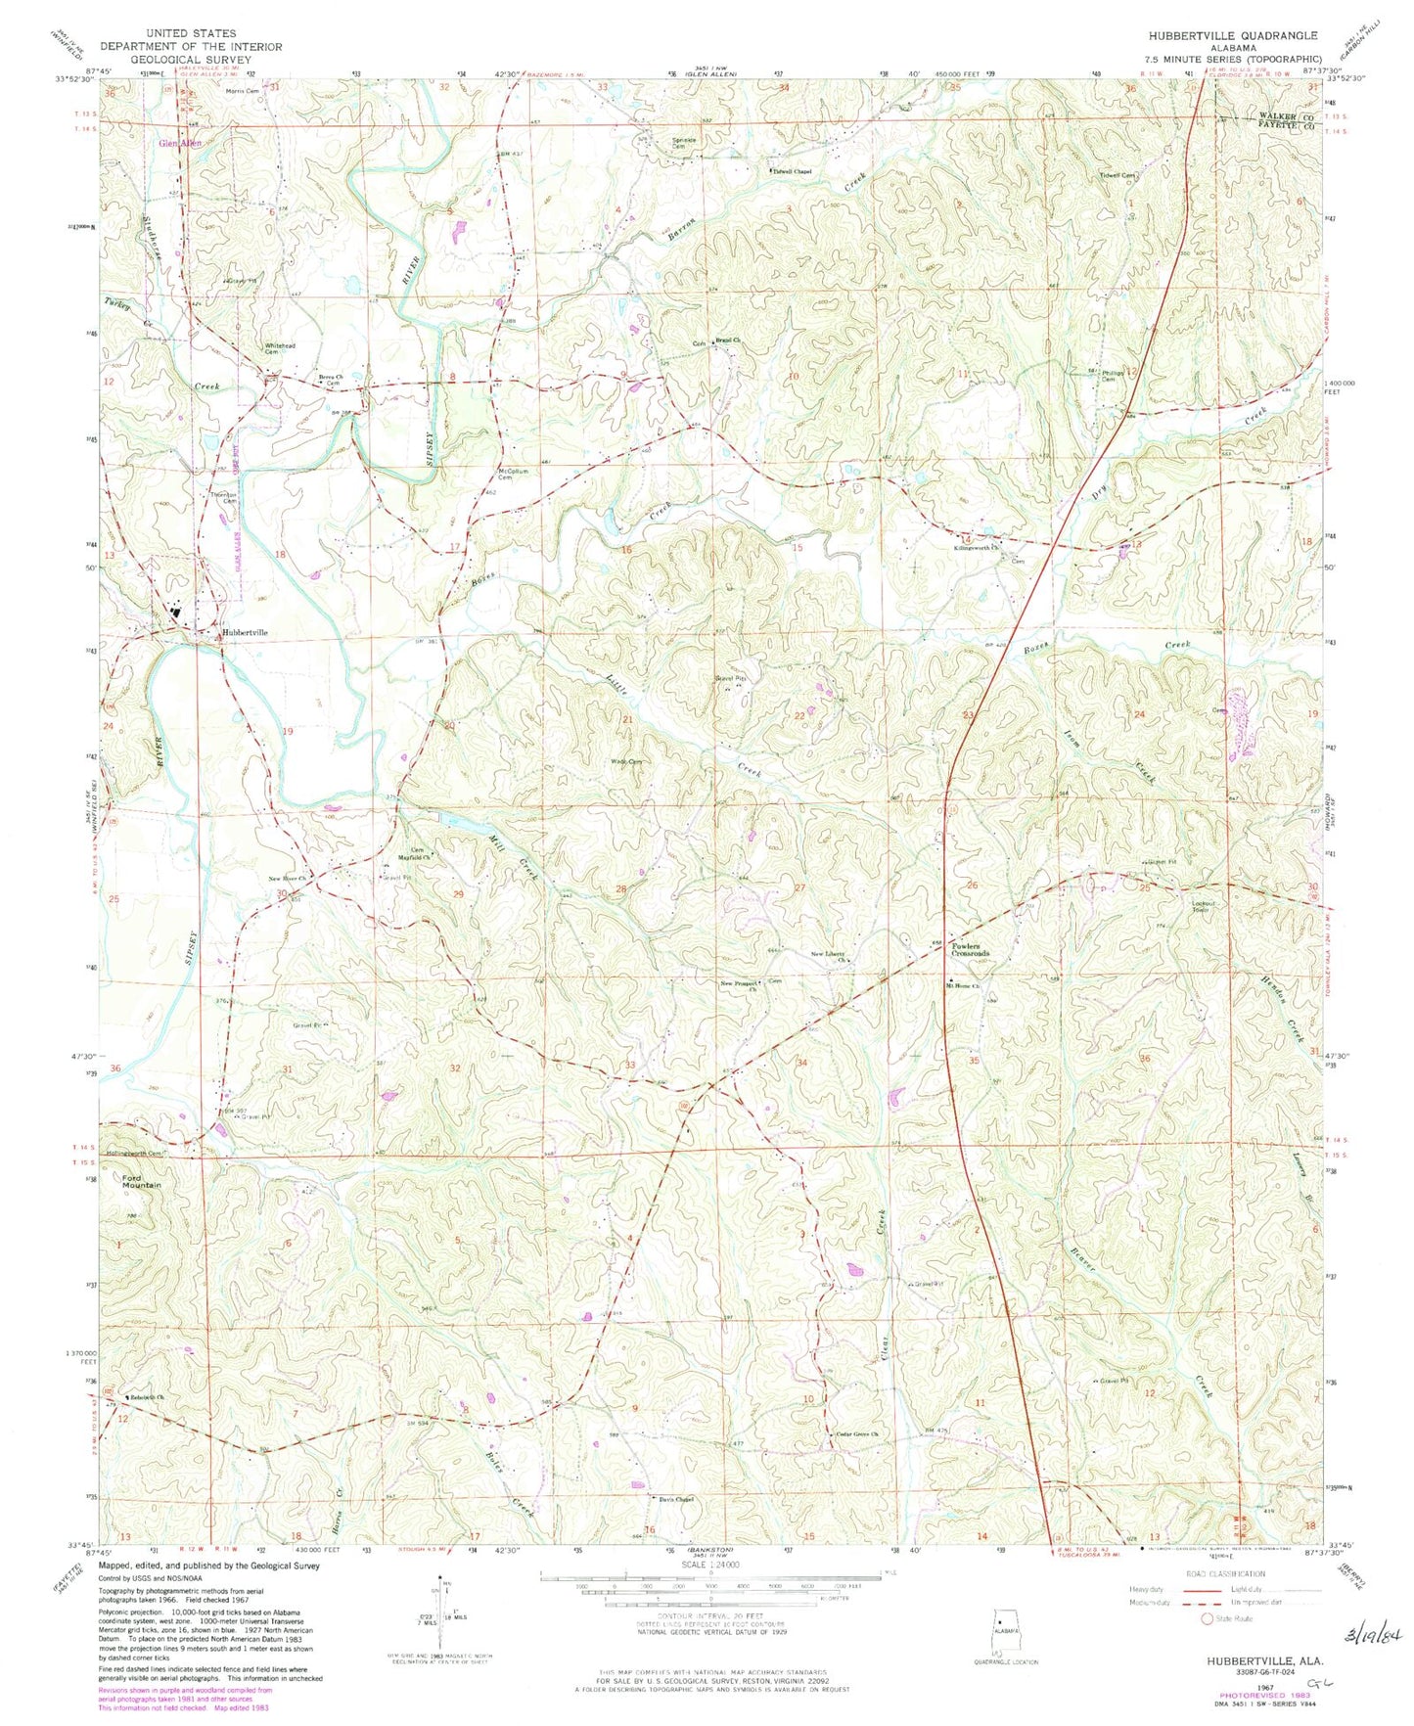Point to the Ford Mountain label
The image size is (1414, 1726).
pyautogui.click(x=141, y=1181)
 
